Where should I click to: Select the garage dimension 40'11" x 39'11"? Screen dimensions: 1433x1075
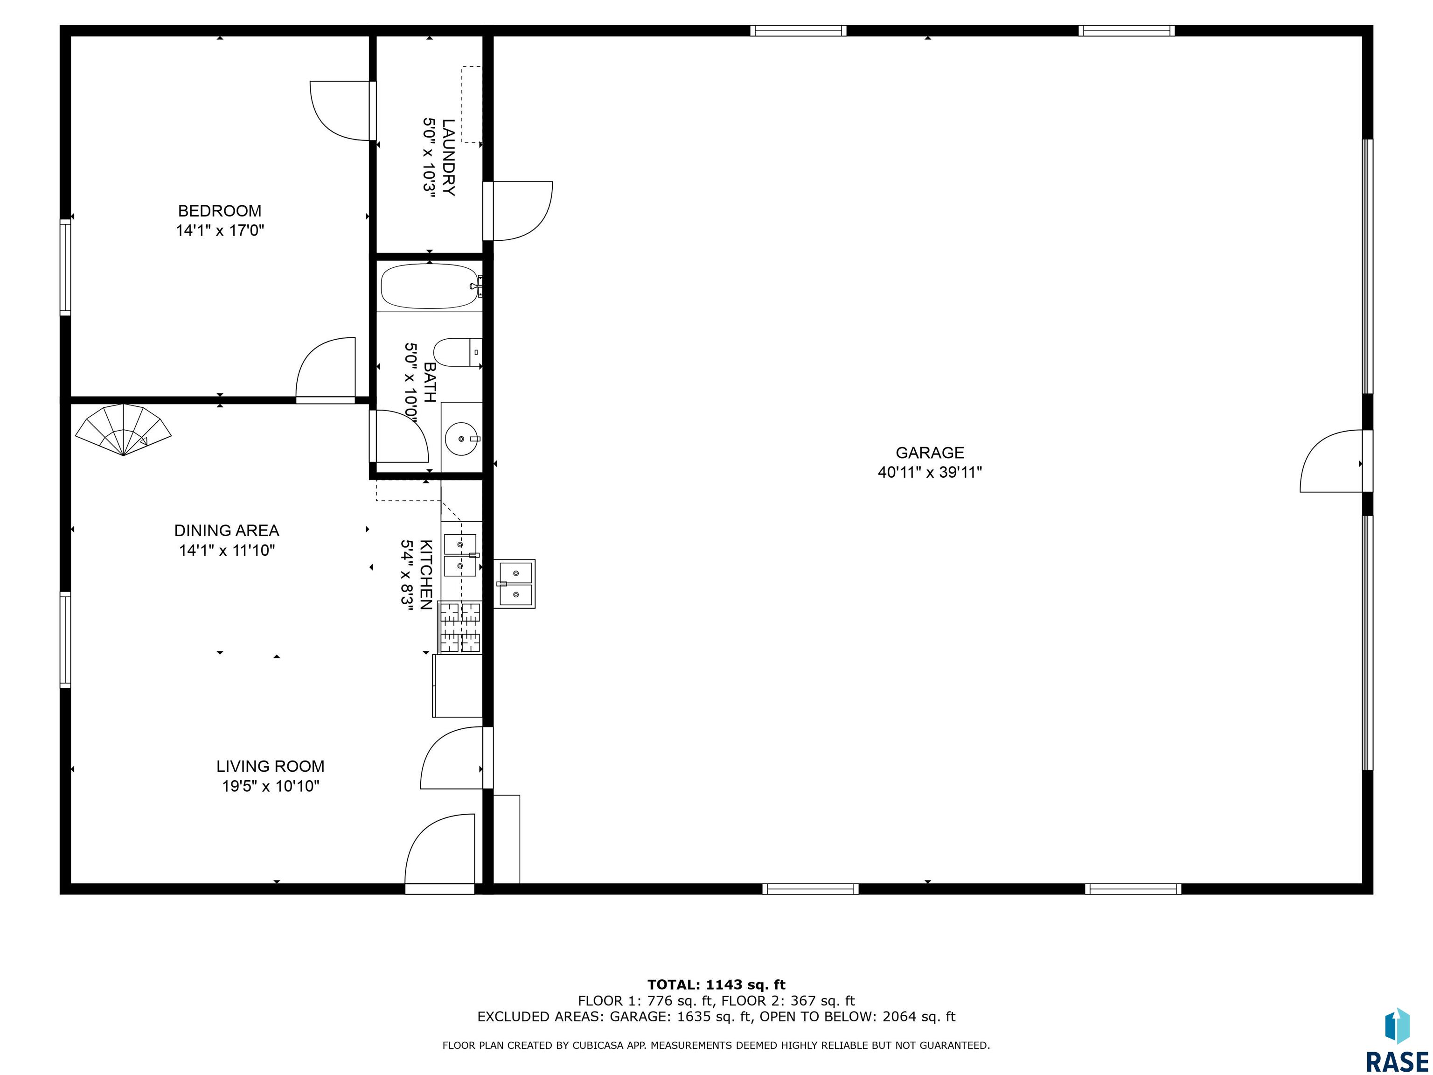point(930,472)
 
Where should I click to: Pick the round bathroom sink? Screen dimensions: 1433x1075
point(462,438)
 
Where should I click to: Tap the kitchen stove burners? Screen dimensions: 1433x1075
point(460,627)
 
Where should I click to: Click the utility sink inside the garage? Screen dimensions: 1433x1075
point(515,583)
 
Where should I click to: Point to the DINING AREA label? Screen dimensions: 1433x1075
point(227,531)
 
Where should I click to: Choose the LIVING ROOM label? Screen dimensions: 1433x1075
point(270,767)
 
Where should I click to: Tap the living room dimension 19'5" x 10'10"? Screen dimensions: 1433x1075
point(271,786)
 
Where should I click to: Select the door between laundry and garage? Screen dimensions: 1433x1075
point(518,211)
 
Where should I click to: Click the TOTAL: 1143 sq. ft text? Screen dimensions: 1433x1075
point(716,985)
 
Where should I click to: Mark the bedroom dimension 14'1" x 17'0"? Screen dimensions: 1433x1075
point(220,230)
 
